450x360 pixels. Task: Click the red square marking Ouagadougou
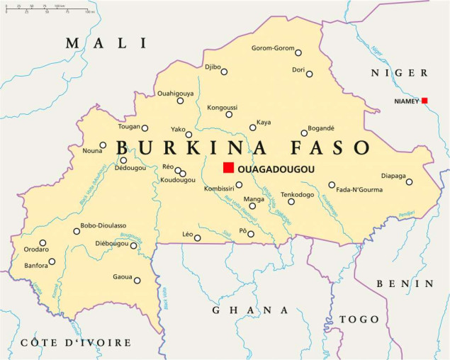228,167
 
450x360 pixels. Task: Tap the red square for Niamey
424,101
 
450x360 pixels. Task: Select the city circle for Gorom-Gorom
298,52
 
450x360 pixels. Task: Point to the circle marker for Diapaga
409,182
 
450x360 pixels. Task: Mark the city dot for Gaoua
137,281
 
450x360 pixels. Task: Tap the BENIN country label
414,283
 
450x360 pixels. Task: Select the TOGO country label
359,319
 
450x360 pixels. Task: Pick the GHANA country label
250,310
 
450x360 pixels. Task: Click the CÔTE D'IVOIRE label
76,343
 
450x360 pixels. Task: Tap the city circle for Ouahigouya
180,101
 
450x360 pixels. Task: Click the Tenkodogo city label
298,193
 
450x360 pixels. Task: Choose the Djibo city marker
224,71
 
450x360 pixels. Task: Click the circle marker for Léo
198,238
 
